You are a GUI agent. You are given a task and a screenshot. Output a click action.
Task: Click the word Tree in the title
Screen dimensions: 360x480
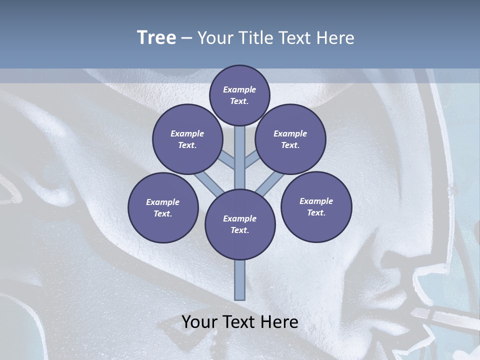point(156,37)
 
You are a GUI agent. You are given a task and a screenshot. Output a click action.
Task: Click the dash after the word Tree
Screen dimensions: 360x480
point(186,38)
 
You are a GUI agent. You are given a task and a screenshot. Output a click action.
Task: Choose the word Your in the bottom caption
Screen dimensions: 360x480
point(200,322)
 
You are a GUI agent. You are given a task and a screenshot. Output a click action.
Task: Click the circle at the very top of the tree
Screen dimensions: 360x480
point(239,95)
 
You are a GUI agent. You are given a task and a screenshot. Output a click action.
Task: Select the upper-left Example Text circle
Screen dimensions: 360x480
point(187,139)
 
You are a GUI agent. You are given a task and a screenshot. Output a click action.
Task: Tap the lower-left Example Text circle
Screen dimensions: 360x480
point(162,207)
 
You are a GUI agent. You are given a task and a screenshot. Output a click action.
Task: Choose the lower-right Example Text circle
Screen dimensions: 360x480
point(316,206)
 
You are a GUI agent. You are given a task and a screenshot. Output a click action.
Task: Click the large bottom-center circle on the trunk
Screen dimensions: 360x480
point(240,224)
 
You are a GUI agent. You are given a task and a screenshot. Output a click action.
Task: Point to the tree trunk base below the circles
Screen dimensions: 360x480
point(240,280)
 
